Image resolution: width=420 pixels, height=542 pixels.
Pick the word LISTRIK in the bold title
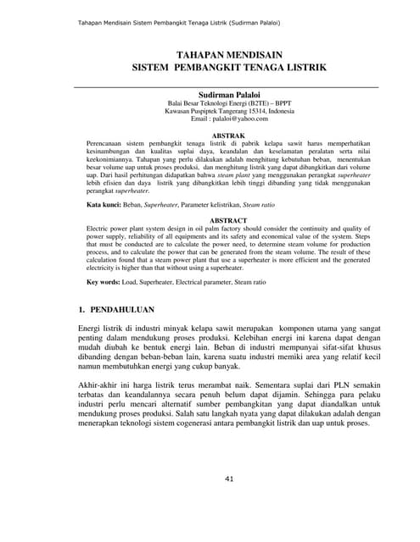(301, 66)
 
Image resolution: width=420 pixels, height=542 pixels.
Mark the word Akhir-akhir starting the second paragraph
(98, 384)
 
